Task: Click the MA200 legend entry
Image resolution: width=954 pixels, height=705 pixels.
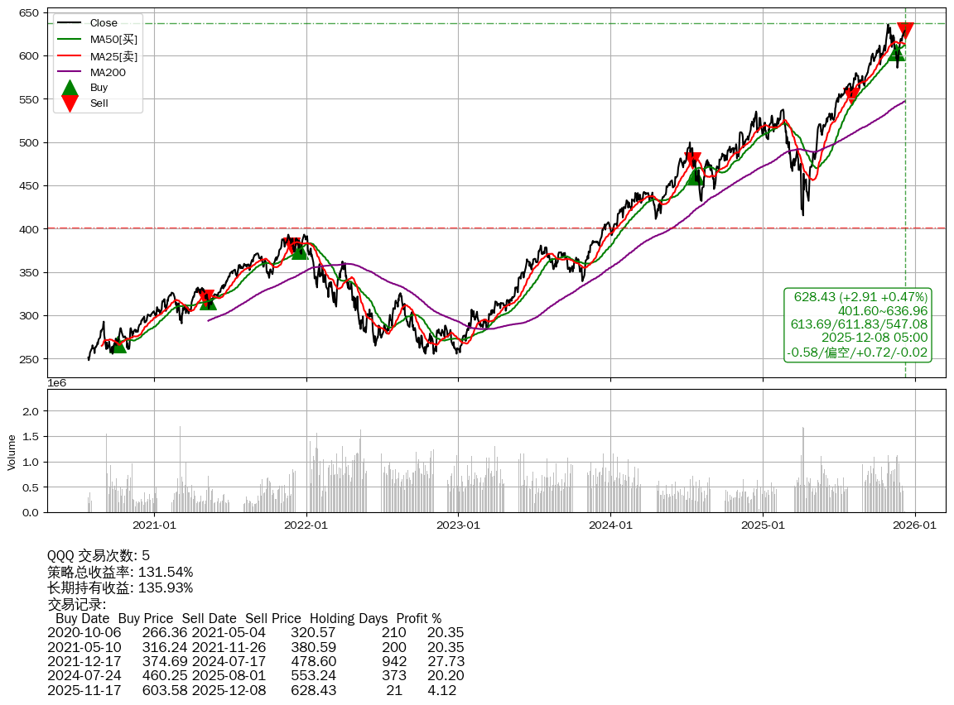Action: [x=108, y=72]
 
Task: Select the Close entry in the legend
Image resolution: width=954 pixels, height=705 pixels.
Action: [x=104, y=22]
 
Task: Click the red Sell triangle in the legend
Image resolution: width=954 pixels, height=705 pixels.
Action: [x=70, y=103]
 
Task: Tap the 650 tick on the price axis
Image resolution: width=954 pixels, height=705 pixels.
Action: [x=31, y=13]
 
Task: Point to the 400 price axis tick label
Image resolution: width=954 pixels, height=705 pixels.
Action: [x=31, y=229]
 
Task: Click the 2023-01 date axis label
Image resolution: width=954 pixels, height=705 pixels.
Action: [x=459, y=525]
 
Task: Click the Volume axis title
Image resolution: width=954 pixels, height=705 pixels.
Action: [x=12, y=452]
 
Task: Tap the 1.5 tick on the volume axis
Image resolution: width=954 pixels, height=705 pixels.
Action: [x=30, y=436]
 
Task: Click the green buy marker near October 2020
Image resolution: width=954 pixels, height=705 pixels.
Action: [x=118, y=344]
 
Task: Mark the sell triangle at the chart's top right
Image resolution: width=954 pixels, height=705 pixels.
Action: [x=905, y=31]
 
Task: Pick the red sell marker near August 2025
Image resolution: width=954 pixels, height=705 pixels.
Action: [x=851, y=94]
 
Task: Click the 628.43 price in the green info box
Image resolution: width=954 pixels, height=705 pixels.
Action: [x=815, y=297]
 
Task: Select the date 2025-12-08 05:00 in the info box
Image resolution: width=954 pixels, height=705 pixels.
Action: [x=874, y=338]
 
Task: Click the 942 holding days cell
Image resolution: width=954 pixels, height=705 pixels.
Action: [x=394, y=662]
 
